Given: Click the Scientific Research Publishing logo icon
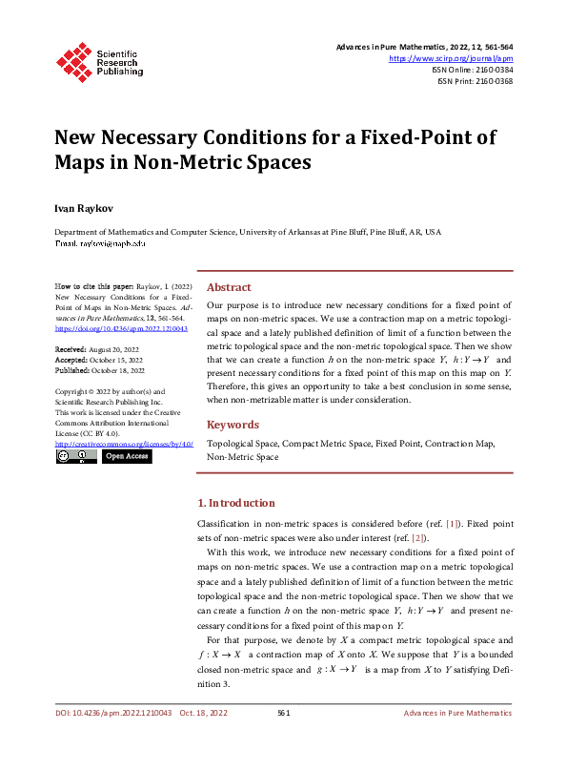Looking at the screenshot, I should [x=73, y=60].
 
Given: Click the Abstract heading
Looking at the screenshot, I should [x=229, y=287].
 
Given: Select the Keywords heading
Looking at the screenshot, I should [x=233, y=425].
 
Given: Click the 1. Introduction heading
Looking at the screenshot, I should [x=235, y=503].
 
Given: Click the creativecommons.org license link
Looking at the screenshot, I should [x=124, y=445].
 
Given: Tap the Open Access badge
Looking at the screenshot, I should [x=127, y=457].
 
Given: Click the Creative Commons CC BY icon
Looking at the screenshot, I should [x=75, y=457].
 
